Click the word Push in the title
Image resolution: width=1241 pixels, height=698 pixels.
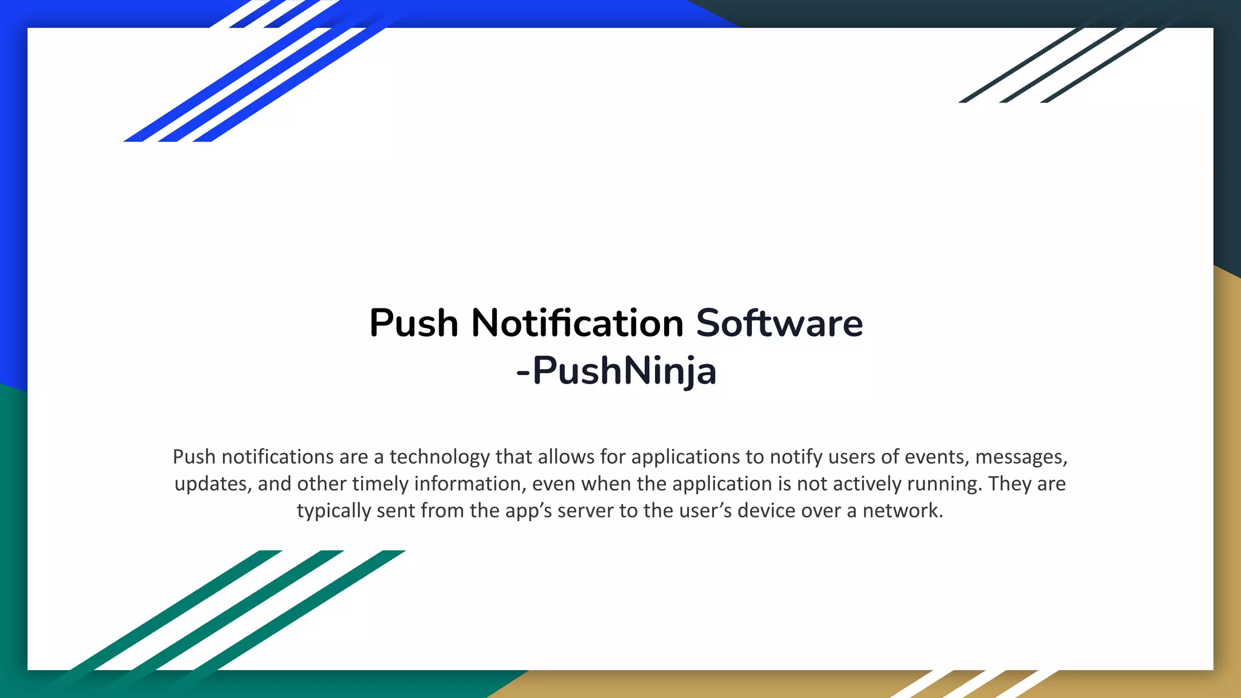pyautogui.click(x=413, y=323)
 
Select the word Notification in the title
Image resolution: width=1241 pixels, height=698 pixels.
pyautogui.click(x=577, y=323)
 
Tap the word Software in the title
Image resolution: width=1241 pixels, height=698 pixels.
pyautogui.click(x=779, y=323)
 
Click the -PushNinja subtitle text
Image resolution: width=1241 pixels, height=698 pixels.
pyautogui.click(x=616, y=371)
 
